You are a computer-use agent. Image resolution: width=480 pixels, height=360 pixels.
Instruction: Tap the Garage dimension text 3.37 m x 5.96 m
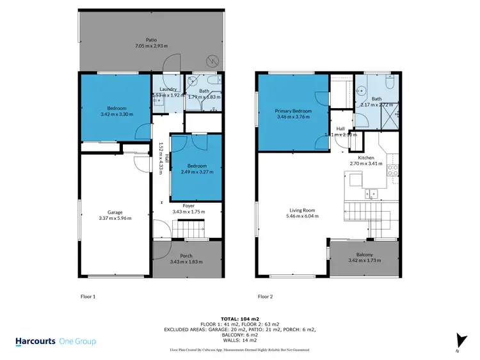coord(115,218)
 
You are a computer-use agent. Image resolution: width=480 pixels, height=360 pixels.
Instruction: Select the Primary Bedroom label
coord(293,111)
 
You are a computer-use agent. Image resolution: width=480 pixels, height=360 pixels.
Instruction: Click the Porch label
coord(186,256)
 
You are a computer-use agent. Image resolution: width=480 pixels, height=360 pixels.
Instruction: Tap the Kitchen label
coord(365,157)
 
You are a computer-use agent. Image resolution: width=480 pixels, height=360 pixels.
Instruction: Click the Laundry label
coord(168,90)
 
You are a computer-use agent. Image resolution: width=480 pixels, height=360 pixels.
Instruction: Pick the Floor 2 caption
coord(265,297)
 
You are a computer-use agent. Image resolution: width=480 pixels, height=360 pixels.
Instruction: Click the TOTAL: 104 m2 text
coord(239,318)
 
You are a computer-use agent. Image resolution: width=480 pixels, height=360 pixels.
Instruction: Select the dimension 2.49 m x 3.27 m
coord(197,173)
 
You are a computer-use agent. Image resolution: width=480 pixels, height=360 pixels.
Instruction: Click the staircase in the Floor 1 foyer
coord(188,227)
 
